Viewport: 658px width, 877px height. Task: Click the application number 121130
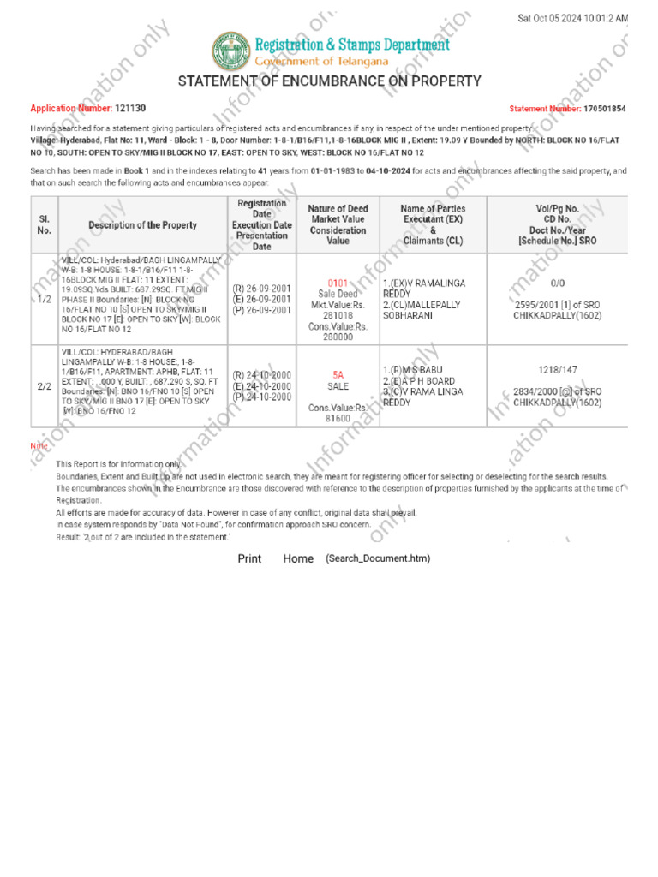tap(130, 109)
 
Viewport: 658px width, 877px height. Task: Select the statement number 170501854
tap(605, 109)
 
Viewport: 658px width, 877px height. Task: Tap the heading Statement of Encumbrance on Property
tap(329, 81)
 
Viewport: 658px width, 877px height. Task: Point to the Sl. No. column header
tap(45, 225)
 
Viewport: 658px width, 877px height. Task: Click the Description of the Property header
tap(142, 225)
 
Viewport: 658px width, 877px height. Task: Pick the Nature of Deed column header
tap(338, 225)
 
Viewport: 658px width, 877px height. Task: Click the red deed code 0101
tap(338, 282)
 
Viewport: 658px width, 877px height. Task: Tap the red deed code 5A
tap(338, 374)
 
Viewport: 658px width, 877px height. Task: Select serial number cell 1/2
tap(45, 300)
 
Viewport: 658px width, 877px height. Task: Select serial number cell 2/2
tap(45, 386)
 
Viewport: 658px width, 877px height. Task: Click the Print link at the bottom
tap(249, 558)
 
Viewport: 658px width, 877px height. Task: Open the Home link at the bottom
tap(298, 558)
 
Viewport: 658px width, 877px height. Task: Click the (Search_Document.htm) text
tap(378, 558)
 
